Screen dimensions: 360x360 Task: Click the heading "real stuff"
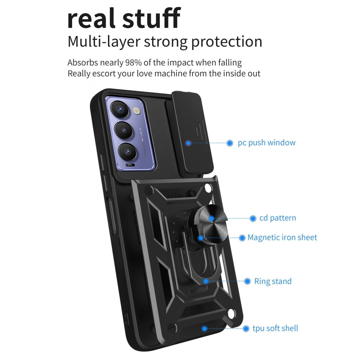tap(124, 18)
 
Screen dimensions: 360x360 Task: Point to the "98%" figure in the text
tap(133, 62)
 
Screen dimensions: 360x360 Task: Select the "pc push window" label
tap(266, 143)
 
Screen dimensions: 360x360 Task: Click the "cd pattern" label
tap(278, 218)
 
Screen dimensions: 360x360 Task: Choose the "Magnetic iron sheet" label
tap(282, 237)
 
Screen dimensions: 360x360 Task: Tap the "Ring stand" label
tap(273, 281)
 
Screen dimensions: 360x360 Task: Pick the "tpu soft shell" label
tap(276, 328)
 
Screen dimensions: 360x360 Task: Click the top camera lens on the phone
tap(120, 109)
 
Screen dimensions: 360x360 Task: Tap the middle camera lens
tap(124, 131)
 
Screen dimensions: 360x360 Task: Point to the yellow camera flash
tap(137, 111)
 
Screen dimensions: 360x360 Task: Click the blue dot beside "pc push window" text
tap(229, 143)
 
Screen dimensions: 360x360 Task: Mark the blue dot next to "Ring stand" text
tap(247, 281)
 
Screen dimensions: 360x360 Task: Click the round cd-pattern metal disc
tap(211, 218)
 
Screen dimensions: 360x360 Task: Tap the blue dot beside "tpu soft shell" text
tap(246, 328)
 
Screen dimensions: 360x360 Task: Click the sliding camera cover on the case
tap(191, 132)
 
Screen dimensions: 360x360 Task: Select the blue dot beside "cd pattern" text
tap(253, 218)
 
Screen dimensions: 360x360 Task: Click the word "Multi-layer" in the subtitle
tap(104, 42)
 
